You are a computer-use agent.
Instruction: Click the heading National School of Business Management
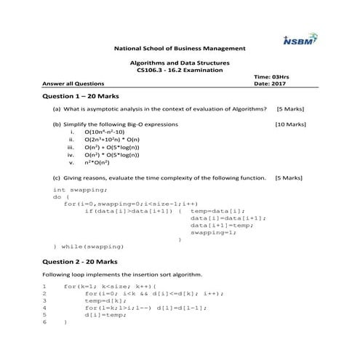coord(180,49)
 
